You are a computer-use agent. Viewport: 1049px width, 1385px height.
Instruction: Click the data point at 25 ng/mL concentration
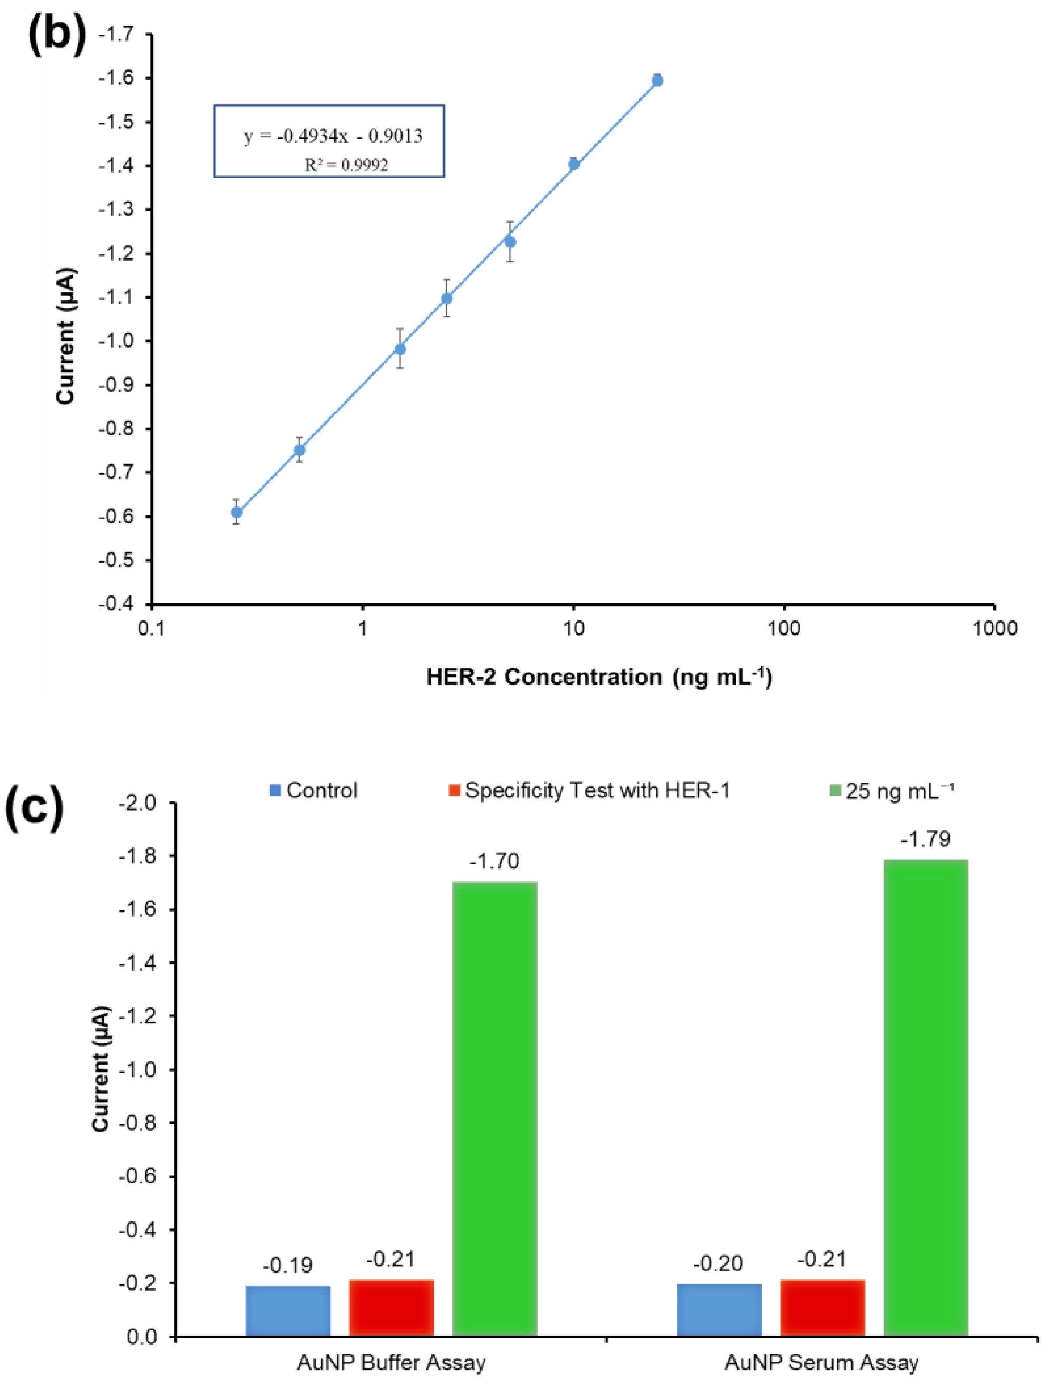pos(657,80)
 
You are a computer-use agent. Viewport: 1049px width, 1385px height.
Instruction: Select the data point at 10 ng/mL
pos(573,164)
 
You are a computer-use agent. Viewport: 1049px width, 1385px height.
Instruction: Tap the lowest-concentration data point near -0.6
pos(236,512)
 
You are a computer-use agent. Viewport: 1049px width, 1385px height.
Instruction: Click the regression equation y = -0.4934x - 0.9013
pos(333,136)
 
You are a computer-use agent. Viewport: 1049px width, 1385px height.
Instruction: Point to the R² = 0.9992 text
pos(346,165)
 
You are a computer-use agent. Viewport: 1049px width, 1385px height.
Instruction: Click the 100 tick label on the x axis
pos(784,628)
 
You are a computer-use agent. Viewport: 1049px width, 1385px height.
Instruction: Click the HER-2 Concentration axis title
pos(599,677)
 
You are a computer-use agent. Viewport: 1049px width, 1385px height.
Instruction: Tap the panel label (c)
pos(35,808)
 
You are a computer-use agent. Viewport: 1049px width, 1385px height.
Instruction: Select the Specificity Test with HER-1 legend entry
pos(590,791)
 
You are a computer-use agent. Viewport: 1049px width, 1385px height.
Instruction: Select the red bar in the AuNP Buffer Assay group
pos(391,1307)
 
